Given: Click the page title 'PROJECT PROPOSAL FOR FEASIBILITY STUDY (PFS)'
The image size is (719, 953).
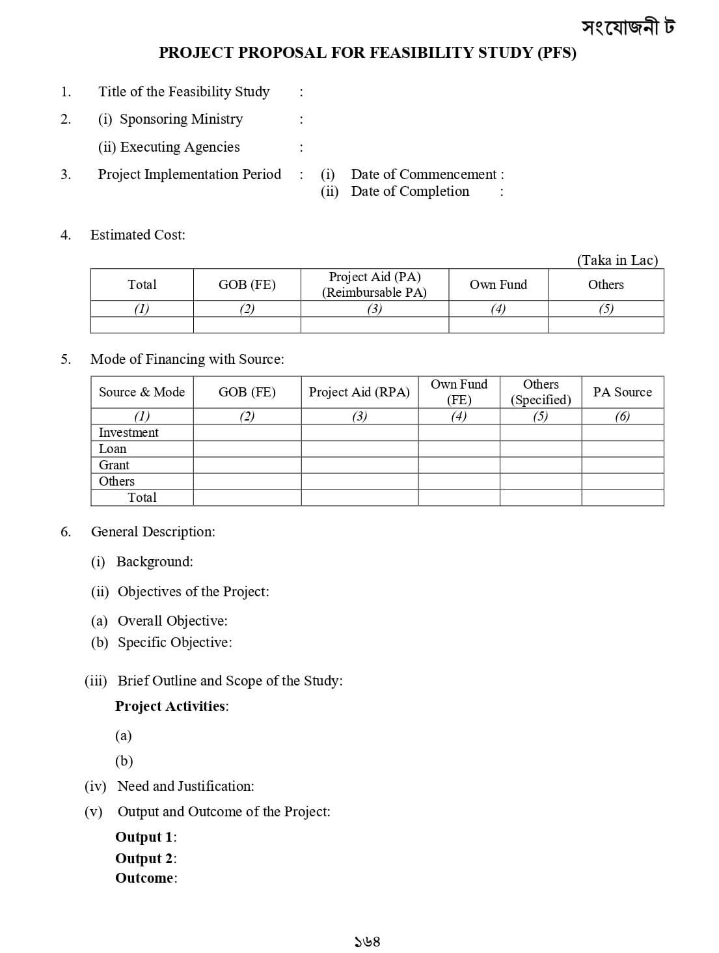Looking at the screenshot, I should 367,53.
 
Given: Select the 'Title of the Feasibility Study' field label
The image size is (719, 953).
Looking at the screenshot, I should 183,92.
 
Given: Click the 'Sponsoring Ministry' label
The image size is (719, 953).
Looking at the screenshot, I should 181,119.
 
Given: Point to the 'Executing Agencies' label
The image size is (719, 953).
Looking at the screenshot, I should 180,147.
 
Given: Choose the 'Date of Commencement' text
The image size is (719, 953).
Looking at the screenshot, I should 424,174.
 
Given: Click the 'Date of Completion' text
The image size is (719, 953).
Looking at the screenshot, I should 410,191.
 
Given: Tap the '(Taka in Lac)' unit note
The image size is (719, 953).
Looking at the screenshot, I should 617,260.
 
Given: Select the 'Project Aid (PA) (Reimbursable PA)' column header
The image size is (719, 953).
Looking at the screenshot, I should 374,284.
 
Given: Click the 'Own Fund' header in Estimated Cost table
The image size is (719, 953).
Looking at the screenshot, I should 498,284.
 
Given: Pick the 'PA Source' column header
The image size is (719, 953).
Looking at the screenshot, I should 622,392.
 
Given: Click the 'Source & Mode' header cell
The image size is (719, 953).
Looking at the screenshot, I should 142,392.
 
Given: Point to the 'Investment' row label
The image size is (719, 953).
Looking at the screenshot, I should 129,433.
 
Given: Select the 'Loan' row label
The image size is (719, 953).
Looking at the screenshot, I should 113,449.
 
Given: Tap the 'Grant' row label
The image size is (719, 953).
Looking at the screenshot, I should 114,465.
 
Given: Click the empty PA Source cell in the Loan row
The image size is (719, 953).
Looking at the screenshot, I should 622,449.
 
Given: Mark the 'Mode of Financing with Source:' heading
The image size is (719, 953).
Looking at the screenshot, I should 187,359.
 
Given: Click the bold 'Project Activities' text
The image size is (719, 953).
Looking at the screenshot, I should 170,706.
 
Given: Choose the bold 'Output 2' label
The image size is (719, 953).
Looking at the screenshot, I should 144,859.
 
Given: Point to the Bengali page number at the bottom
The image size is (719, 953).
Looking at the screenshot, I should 367,941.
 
